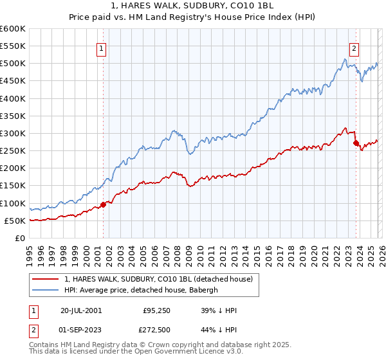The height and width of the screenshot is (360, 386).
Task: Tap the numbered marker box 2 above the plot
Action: click(354, 47)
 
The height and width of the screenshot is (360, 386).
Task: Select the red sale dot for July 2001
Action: click(104, 205)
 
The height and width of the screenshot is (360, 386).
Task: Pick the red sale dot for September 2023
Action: click(356, 143)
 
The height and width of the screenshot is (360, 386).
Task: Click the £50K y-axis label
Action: click(15, 221)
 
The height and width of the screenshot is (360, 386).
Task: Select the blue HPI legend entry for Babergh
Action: click(141, 290)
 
